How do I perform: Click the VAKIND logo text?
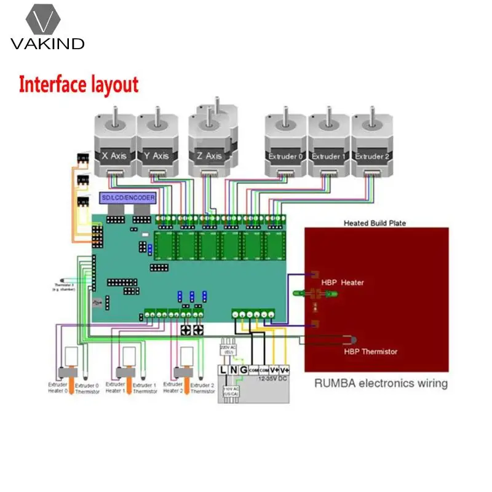tap(47, 44)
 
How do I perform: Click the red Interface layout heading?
tap(79, 85)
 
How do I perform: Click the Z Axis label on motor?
tap(209, 156)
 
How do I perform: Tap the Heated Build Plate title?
tap(375, 223)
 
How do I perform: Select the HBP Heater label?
tap(343, 282)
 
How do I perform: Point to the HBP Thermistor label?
tap(370, 351)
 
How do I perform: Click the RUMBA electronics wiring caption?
tap(381, 384)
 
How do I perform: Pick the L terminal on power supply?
tap(224, 370)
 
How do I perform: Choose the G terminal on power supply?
tap(244, 370)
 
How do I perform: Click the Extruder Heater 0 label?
tap(58, 387)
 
